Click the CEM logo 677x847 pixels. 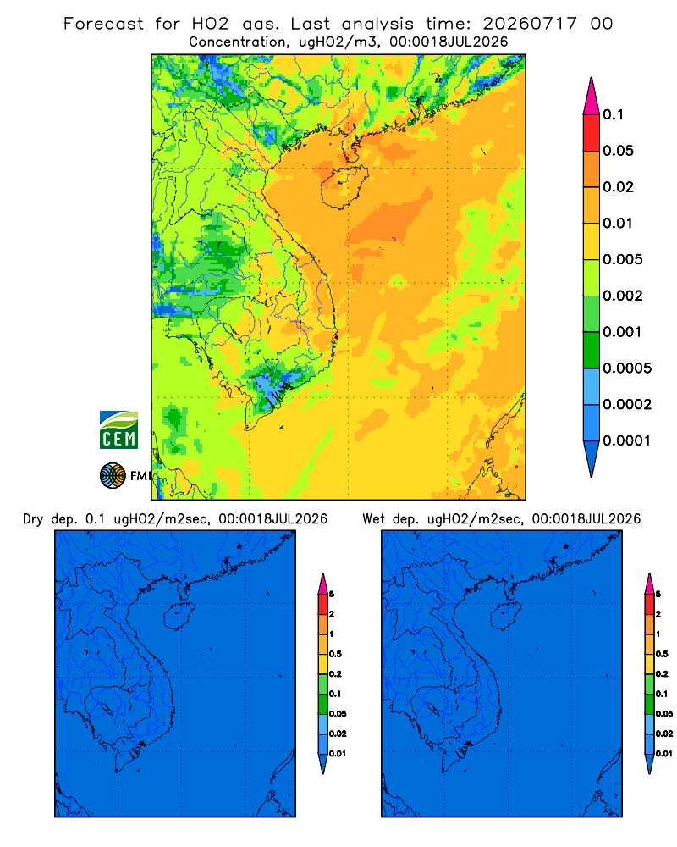tap(118, 429)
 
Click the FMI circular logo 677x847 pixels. tap(113, 476)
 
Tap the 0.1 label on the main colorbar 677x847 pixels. tap(613, 114)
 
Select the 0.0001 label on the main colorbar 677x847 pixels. tap(627, 440)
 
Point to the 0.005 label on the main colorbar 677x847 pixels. tap(623, 259)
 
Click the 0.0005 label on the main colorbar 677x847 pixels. tap(627, 368)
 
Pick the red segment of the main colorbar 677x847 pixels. tap(592, 133)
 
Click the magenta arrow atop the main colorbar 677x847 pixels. tap(592, 97)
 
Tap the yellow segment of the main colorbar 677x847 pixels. tap(592, 241)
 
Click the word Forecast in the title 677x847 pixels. tap(103, 24)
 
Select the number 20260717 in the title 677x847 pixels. tap(530, 24)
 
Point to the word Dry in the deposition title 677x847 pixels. tap(32, 519)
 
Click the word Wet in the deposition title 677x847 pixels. tap(373, 519)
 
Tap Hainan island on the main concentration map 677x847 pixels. tap(344, 187)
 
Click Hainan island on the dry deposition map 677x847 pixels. tap(179, 617)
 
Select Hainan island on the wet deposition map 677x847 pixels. tap(506, 617)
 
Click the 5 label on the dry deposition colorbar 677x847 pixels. tap(332, 595)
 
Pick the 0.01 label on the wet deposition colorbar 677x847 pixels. tap(664, 754)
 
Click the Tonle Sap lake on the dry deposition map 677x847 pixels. tap(107, 709)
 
